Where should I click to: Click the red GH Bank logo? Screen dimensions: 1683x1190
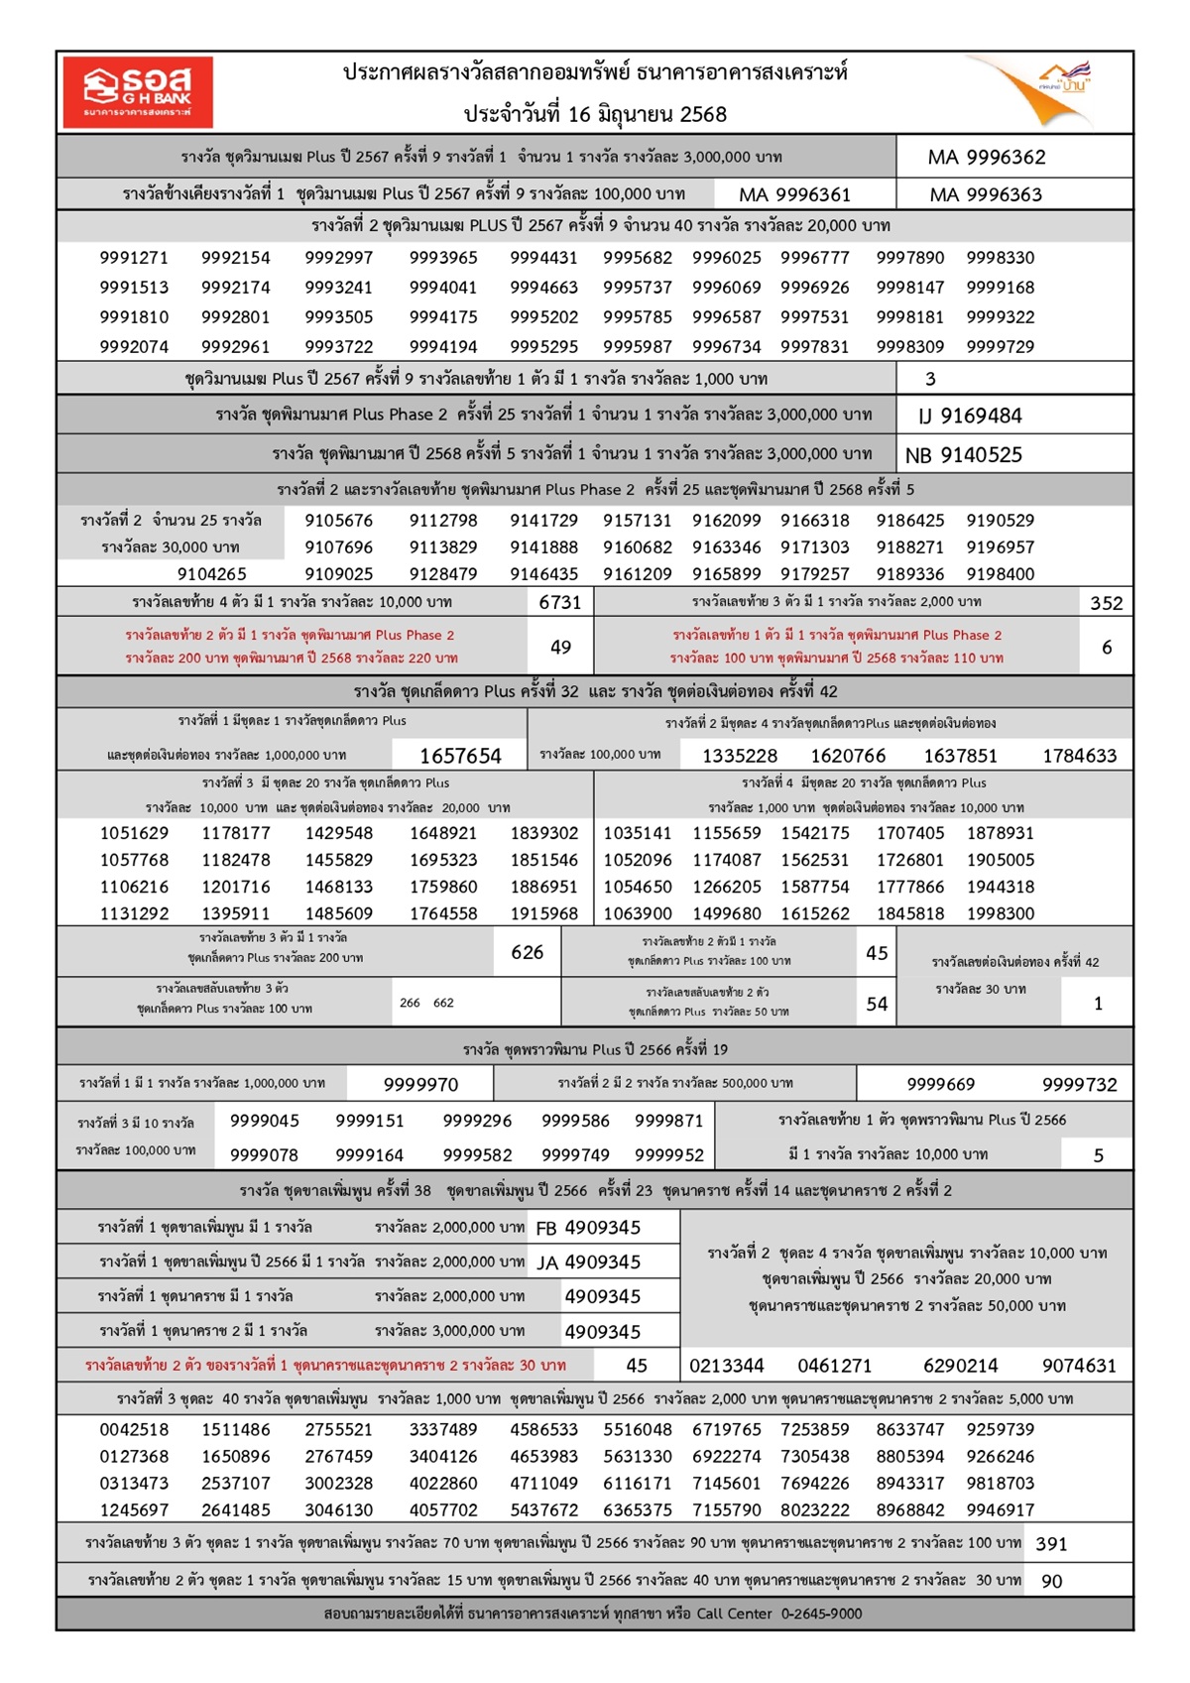click(138, 92)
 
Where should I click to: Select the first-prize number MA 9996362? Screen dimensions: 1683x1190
click(986, 157)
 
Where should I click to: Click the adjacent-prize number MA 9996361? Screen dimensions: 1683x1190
click(794, 194)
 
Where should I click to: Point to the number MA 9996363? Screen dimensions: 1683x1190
click(986, 194)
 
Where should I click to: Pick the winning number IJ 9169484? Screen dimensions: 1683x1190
click(970, 416)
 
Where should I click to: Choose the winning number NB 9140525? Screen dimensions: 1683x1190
click(963, 455)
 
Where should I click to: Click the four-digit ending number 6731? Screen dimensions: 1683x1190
click(559, 602)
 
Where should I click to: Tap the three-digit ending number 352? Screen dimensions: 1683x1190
click(1106, 602)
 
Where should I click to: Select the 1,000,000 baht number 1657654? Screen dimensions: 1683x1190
click(460, 756)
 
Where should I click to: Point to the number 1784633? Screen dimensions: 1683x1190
click(1079, 756)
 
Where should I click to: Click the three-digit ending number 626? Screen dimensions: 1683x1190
click(527, 952)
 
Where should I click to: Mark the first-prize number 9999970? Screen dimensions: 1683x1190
click(420, 1084)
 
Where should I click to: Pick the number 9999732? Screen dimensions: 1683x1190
click(1079, 1084)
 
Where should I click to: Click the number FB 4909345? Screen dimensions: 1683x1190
click(588, 1228)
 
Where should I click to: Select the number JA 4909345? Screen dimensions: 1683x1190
click(588, 1262)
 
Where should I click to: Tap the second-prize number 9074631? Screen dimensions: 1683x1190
click(1079, 1366)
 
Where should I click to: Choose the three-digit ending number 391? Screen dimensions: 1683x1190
click(1051, 1543)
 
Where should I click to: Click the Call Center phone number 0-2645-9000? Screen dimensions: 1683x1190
click(821, 1614)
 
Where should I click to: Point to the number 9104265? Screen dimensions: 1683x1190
click(212, 574)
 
